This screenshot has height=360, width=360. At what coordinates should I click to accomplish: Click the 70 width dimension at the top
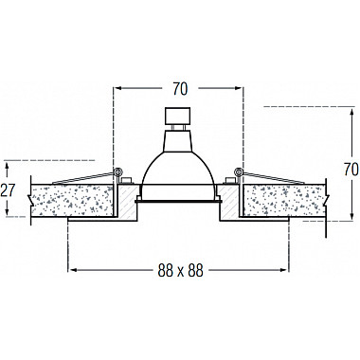180,89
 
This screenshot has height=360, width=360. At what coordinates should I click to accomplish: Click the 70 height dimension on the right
351,170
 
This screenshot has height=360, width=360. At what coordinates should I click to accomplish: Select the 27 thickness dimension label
8,190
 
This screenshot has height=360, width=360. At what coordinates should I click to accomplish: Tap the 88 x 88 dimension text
180,270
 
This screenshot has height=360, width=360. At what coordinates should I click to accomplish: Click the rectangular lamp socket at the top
178,116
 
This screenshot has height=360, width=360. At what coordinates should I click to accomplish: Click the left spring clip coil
117,171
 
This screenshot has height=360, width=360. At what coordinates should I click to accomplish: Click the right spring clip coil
238,171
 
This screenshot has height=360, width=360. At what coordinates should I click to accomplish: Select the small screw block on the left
126,181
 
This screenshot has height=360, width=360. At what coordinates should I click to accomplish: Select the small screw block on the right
229,181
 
